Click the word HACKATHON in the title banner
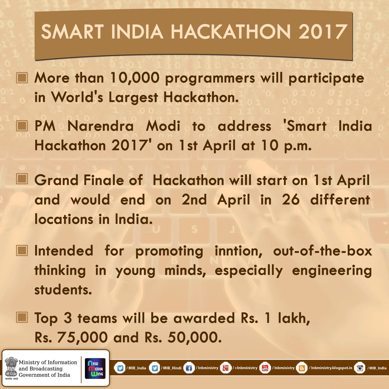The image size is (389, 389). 231,32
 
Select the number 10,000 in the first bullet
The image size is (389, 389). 135,78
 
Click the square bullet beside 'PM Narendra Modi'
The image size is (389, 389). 22,126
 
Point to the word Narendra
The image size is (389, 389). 100,126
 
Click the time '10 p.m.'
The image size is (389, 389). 286,146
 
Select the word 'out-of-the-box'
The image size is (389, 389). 322,251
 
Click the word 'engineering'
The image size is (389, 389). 332,271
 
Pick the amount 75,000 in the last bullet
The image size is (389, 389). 82,337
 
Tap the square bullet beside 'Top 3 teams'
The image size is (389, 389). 22,318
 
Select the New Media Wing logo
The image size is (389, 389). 95,368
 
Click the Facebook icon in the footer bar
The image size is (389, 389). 189,368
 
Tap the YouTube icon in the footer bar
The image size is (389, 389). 265,368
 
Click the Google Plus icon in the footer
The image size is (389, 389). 226,368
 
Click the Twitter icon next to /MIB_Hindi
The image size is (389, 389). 155,368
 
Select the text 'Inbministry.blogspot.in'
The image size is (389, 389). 332,368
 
